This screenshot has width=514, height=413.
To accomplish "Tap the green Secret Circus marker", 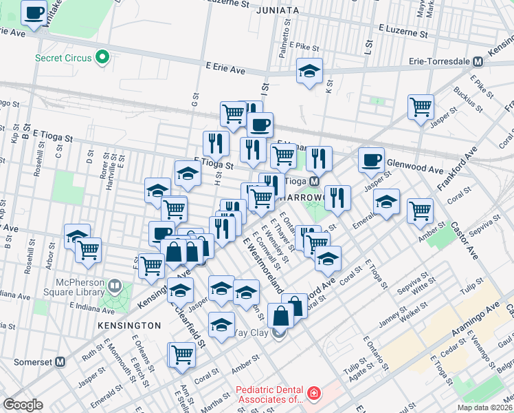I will click(103, 57).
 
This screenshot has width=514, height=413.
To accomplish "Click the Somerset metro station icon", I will click(60, 361).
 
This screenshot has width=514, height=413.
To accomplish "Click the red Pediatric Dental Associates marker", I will click(313, 394).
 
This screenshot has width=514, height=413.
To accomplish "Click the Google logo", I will click(23, 405).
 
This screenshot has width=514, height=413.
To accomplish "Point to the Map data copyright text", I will click(485, 407).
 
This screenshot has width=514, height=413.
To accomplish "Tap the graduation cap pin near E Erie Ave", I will click(309, 70).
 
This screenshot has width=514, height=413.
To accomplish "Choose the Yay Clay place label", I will click(251, 333).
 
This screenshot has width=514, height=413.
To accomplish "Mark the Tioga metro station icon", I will click(313, 181).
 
